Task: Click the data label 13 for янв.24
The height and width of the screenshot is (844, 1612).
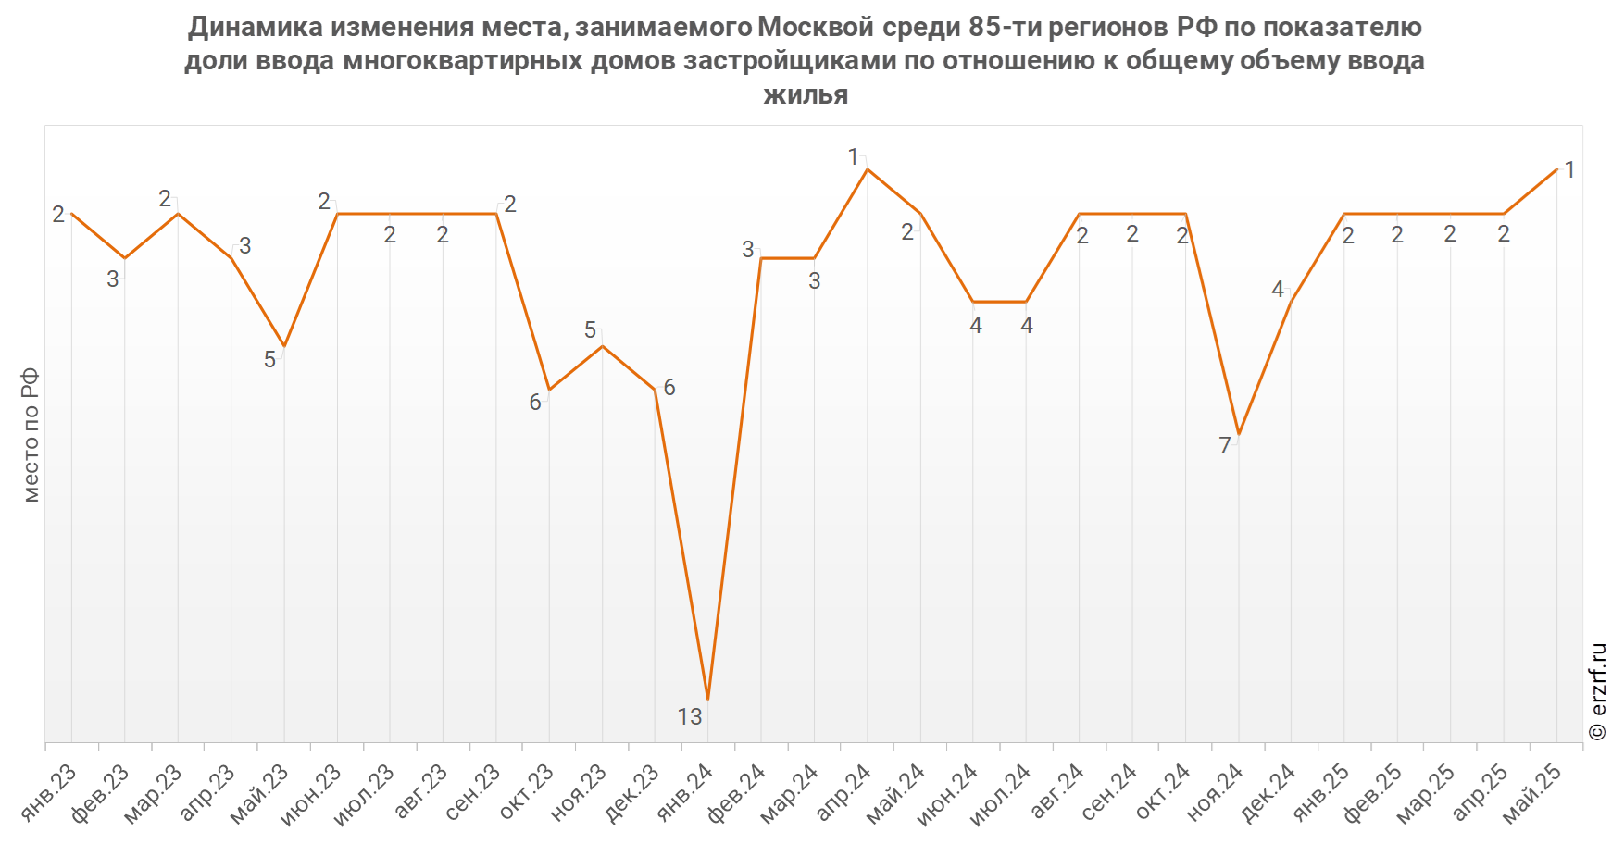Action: [x=690, y=717]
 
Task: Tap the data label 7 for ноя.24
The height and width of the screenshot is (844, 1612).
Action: [x=1225, y=446]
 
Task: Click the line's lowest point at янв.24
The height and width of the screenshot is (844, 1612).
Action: [x=708, y=699]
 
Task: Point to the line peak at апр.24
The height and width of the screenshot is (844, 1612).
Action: [x=867, y=169]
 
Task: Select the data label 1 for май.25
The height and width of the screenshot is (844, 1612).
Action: [x=1569, y=170]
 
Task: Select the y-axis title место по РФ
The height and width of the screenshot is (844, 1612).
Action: [x=31, y=435]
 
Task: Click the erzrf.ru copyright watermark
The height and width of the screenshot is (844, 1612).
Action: [x=1597, y=692]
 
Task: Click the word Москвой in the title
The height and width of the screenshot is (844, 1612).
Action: [x=815, y=28]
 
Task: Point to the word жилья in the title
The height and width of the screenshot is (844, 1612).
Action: [x=806, y=93]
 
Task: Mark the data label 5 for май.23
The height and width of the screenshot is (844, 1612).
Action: [x=269, y=360]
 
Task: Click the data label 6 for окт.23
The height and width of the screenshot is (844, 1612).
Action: [x=535, y=403]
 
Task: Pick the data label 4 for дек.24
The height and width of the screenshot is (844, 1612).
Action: [x=1278, y=291]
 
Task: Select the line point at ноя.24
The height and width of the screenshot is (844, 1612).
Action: [x=1238, y=434]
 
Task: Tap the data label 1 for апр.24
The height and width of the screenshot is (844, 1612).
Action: [x=854, y=158]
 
